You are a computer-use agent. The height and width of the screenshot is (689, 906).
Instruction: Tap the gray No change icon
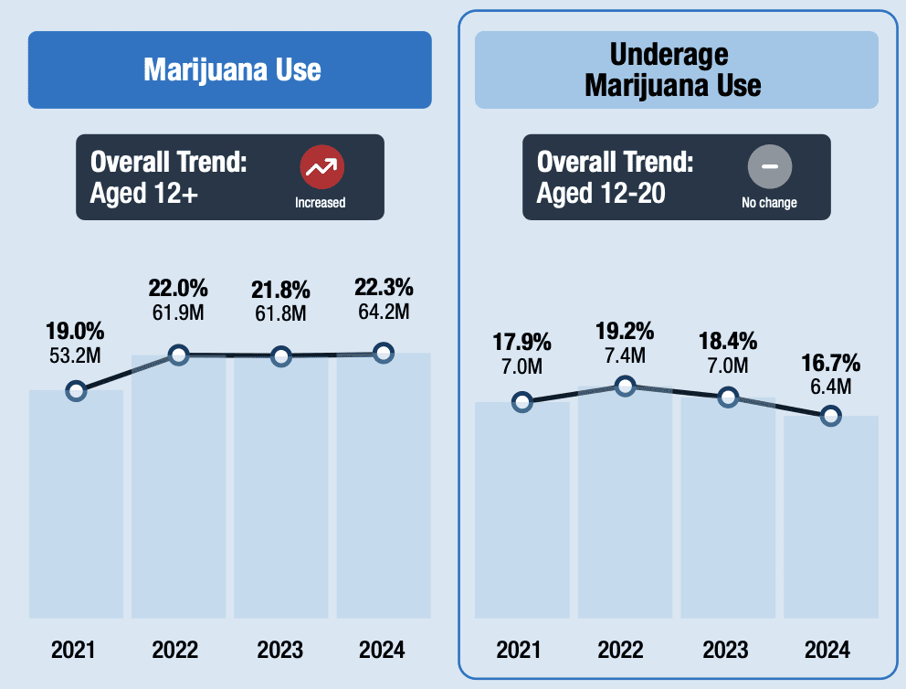tap(769, 166)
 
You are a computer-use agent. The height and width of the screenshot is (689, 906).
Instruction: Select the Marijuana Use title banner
tap(230, 69)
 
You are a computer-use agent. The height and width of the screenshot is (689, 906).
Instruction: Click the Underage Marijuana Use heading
tap(676, 69)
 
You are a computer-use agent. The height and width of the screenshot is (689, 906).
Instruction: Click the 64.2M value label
tap(384, 312)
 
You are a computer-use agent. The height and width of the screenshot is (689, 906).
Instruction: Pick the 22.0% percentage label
tap(178, 289)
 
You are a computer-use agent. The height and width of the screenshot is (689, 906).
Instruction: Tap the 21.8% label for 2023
tap(280, 291)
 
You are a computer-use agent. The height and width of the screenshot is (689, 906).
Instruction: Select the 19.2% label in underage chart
tap(624, 330)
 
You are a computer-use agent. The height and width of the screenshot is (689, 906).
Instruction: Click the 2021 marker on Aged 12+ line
tap(77, 391)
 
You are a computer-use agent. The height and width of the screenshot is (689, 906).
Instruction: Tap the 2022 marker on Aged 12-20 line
tap(625, 386)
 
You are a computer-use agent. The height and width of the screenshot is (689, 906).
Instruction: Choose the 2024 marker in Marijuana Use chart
tap(384, 353)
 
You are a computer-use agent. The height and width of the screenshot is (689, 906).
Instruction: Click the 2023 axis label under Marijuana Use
tap(279, 651)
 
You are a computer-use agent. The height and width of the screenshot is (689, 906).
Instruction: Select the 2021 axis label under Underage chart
tap(521, 651)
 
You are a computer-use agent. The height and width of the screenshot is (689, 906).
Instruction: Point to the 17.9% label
tap(521, 343)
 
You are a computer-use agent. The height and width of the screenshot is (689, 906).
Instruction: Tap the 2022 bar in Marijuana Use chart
tap(178, 484)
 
